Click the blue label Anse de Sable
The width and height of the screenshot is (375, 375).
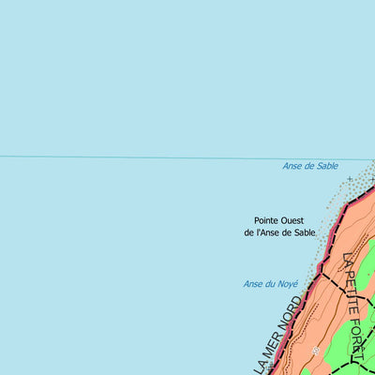(x=310, y=166)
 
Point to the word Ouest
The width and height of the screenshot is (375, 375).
(x=298, y=220)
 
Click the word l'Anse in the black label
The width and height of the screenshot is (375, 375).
(x=274, y=232)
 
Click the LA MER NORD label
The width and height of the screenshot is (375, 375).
(x=279, y=336)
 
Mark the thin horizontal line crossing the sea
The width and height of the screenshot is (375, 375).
(x=141, y=157)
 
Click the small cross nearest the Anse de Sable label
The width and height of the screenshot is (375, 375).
(x=350, y=178)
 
